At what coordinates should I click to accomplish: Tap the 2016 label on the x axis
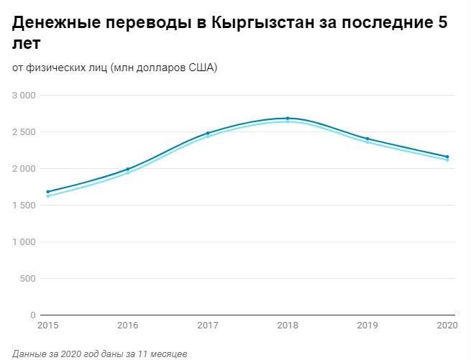tap(127, 326)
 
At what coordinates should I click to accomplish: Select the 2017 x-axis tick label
tap(207, 326)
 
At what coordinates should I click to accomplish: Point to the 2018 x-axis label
tap(288, 326)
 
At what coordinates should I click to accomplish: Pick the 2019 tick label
tap(367, 326)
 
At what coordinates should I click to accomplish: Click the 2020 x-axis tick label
tap(447, 326)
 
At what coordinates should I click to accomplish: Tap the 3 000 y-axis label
tap(24, 96)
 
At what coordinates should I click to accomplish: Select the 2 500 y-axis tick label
tap(24, 132)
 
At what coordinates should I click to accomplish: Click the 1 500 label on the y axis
tap(24, 206)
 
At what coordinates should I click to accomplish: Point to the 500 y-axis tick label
tap(28, 279)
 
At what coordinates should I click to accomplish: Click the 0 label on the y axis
tap(33, 315)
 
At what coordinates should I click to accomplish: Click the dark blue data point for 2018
tap(288, 119)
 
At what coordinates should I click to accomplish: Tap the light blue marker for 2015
tap(47, 196)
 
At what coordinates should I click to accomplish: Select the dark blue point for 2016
tap(127, 170)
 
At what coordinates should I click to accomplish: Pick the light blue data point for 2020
tap(447, 160)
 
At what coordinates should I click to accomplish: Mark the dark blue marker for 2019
tap(367, 139)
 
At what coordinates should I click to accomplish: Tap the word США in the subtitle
tap(202, 68)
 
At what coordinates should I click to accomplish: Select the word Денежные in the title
tap(55, 23)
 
